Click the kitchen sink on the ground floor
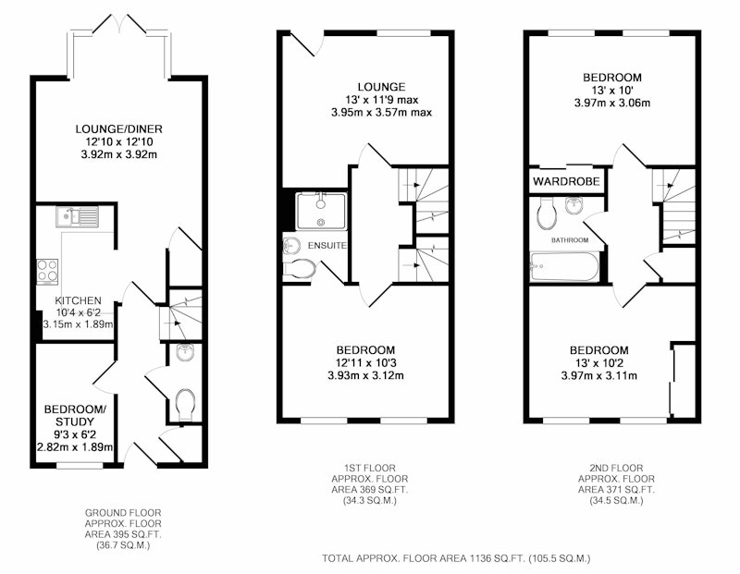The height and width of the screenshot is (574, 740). pos(78,217)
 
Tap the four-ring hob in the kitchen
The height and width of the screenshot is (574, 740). pos(48,272)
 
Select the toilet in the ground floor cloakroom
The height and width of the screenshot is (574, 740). pos(185,404)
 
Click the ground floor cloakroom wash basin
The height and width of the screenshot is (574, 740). pos(184,352)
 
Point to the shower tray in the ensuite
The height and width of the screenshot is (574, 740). pos(321,212)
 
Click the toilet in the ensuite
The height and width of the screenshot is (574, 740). pos(299,268)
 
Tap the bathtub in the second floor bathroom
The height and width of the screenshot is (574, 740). pos(564,267)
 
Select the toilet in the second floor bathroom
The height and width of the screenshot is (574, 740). pos(546,214)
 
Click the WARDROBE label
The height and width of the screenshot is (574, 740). pos(566,181)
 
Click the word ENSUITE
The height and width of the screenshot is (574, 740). pos(327,245)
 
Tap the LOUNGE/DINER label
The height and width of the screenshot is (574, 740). pos(119,128)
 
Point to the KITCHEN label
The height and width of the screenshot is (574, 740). pos(78,300)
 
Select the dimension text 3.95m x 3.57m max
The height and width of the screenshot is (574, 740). pos(381,112)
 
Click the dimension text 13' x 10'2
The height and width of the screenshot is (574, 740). pos(598,363)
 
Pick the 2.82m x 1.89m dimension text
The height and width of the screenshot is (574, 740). pos(75,446)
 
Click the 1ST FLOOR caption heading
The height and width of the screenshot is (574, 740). pos(369,469)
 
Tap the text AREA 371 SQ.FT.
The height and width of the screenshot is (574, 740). pos(616,490)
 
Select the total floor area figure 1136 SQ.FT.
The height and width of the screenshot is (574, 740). pos(497,558)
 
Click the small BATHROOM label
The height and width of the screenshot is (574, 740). pos(570,240)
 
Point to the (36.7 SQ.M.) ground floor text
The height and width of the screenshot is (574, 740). pos(123,545)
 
